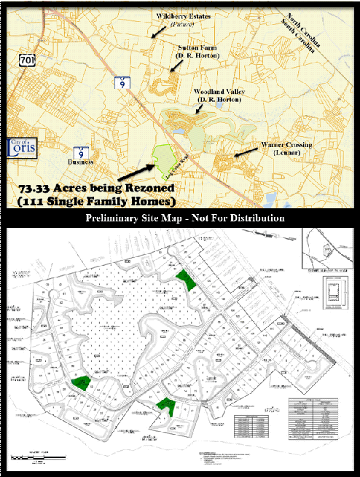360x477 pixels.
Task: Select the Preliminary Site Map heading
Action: [x=184, y=218]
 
